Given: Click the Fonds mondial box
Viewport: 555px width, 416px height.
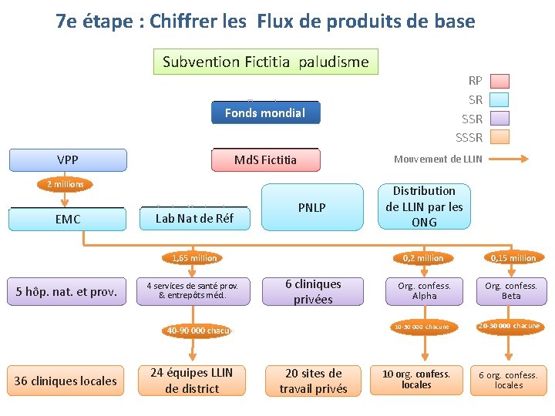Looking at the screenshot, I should click(265, 112).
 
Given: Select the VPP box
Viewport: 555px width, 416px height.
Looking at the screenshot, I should click(67, 160).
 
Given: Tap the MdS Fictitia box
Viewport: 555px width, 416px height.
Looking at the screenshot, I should click(265, 160).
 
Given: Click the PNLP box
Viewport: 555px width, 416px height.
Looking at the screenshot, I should click(312, 207).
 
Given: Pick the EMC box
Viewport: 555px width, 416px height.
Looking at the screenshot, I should click(67, 219).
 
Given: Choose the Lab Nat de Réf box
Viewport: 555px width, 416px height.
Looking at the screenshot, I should click(193, 219).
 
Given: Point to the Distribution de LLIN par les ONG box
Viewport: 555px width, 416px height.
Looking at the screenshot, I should click(424, 206).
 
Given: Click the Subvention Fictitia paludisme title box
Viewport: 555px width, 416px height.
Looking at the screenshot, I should click(266, 62).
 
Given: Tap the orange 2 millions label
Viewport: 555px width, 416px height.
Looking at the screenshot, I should click(66, 184).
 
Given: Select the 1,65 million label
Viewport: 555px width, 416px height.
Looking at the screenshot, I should click(194, 258).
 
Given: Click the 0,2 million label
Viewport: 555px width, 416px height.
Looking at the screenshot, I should click(424, 258).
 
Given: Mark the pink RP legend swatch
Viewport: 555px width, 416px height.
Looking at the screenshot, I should click(500, 80).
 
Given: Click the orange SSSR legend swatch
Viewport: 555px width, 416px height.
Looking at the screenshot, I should click(500, 138).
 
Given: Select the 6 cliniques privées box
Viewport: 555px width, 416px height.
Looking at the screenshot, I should click(313, 292).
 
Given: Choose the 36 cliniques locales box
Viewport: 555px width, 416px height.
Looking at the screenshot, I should click(66, 381).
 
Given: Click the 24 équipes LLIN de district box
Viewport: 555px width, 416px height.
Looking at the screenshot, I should click(192, 381).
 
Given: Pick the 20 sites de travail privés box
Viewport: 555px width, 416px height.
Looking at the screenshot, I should click(313, 381).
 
